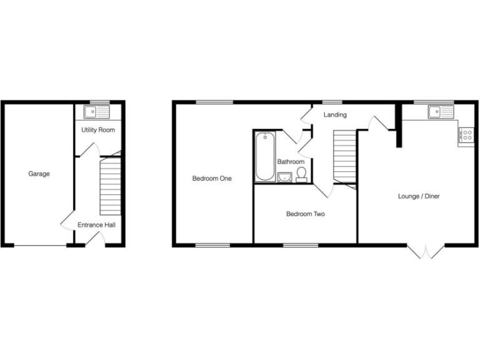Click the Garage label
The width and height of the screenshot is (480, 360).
click(39, 174)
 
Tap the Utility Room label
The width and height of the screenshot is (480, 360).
click(98, 130)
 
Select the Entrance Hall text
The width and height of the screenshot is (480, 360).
click(96, 224)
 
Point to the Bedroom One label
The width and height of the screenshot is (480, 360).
click(212, 179)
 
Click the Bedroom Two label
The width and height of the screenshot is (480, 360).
click(305, 214)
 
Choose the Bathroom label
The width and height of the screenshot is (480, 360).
click(291, 162)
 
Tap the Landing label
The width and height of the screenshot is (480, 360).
click(335, 115)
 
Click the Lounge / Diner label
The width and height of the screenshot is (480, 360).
click(419, 196)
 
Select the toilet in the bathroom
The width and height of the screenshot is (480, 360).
click(301, 174)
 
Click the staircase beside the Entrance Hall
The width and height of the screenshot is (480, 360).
click(109, 186)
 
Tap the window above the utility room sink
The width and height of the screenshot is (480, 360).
click(99, 102)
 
